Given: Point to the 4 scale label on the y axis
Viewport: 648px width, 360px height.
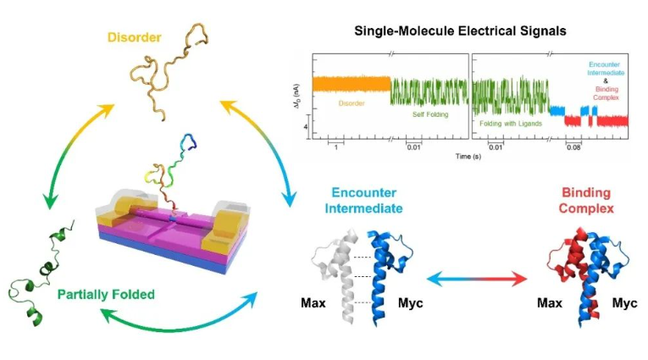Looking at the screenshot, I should [305, 125].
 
